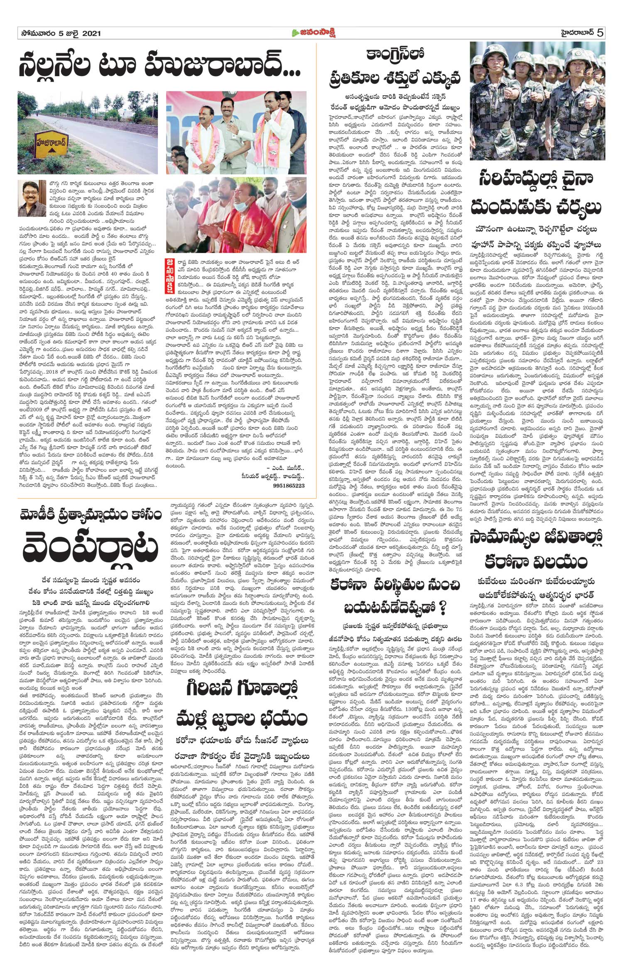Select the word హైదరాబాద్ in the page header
574,33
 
